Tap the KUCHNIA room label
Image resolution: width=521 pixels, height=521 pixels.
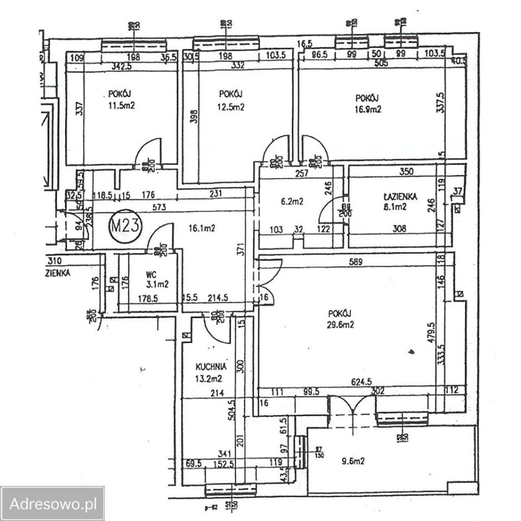[x=211, y=366]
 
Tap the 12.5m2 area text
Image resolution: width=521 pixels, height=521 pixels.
[x=232, y=107]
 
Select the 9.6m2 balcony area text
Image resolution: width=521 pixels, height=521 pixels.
[x=352, y=461]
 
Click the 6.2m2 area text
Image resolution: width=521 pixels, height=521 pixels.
[x=292, y=201]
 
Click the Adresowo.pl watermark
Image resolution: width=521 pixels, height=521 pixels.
[x=53, y=503]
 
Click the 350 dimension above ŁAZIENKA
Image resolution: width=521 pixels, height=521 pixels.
[x=406, y=172]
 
